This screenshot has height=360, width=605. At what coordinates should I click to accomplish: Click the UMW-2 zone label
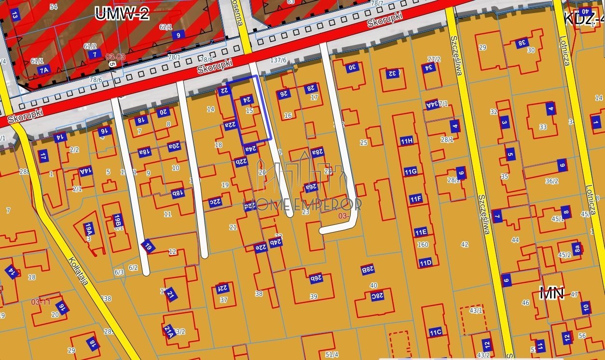122,13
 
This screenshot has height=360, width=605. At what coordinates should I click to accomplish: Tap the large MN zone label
551,293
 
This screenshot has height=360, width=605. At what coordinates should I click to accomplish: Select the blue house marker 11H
407,141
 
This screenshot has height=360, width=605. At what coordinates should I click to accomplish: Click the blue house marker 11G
411,171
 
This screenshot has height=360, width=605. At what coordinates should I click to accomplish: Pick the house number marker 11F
415,198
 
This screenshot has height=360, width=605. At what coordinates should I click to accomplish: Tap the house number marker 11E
421,232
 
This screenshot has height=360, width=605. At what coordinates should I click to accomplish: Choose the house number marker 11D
425,263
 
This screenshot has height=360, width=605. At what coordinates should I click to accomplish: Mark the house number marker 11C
436,332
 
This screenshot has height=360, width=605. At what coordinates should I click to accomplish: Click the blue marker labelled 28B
368,269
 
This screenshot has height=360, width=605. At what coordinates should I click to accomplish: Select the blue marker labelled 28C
377,296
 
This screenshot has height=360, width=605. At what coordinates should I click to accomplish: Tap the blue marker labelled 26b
316,278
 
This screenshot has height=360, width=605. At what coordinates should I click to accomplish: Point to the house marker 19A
88,227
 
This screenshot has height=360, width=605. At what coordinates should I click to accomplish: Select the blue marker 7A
44,70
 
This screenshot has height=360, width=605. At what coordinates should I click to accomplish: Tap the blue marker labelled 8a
576,249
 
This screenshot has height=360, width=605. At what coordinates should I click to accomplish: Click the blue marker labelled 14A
85,171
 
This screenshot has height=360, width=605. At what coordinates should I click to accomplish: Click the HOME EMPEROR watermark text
302,204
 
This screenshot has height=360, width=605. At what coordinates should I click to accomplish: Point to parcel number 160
423,245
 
